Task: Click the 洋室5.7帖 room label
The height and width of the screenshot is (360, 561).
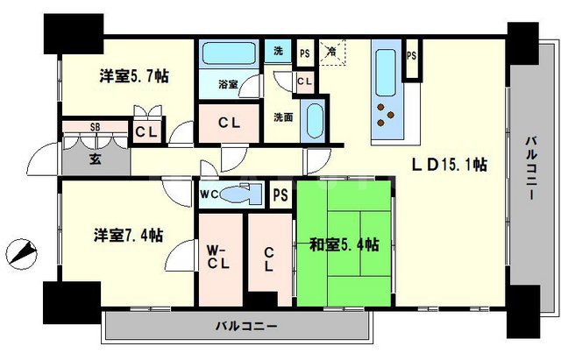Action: click(132, 76)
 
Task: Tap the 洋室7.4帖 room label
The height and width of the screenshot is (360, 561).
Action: click(129, 235)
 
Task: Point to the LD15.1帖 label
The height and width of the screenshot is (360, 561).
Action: click(451, 165)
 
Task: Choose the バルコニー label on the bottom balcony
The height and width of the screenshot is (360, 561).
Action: click(247, 327)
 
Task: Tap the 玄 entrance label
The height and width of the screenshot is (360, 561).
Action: click(94, 159)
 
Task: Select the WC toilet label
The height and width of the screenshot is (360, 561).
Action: click(209, 195)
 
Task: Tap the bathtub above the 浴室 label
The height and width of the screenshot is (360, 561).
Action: click(229, 55)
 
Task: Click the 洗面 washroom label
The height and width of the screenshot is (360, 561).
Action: click(282, 116)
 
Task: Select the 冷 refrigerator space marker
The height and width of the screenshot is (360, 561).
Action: click(333, 52)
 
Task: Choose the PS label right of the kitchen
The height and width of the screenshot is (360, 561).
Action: click(411, 56)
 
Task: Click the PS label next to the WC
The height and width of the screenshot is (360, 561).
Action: click(281, 195)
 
